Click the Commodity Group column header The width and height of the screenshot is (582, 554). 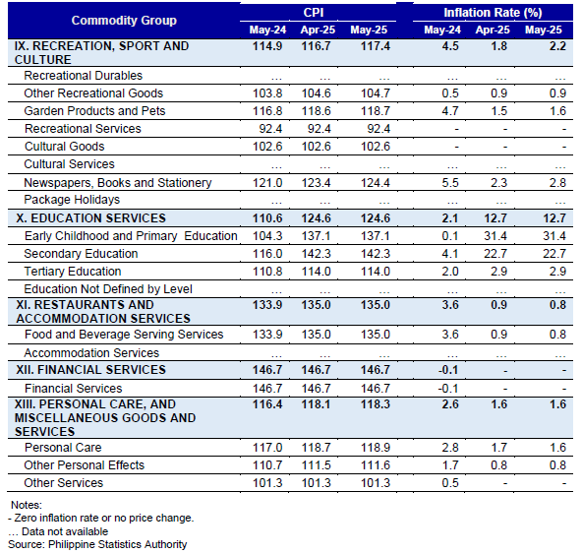pyautogui.click(x=124, y=21)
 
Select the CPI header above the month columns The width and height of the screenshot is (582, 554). pyautogui.click(x=314, y=12)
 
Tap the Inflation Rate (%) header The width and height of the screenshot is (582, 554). pyautogui.click(x=493, y=13)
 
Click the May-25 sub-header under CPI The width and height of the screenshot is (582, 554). pyautogui.click(x=369, y=30)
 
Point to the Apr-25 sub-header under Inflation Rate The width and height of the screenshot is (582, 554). pyautogui.click(x=493, y=30)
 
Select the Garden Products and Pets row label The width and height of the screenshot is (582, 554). pyautogui.click(x=94, y=111)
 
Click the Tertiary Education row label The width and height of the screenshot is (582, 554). pyautogui.click(x=73, y=272)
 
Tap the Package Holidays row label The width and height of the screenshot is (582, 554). pyautogui.click(x=72, y=200)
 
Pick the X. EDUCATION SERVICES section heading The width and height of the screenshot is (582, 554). pyautogui.click(x=90, y=218)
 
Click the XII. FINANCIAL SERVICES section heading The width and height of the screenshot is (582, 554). pyautogui.click(x=90, y=370)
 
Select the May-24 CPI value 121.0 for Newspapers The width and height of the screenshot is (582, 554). pyautogui.click(x=267, y=183)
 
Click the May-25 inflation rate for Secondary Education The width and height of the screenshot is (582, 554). pyautogui.click(x=554, y=254)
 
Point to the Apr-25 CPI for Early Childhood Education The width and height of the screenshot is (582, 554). pyautogui.click(x=316, y=236)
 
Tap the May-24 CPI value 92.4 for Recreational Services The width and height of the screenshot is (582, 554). pyautogui.click(x=270, y=129)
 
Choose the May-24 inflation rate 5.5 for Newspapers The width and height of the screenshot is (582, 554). pyautogui.click(x=450, y=183)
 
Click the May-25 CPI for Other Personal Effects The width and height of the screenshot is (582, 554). pyautogui.click(x=376, y=465)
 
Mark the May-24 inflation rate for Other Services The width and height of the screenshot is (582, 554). pyautogui.click(x=450, y=483)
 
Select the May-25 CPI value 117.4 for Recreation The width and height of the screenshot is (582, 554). pyautogui.click(x=376, y=46)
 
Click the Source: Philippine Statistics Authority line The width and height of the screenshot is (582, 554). pyautogui.click(x=97, y=544)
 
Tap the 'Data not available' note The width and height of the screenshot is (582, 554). pyautogui.click(x=58, y=531)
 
